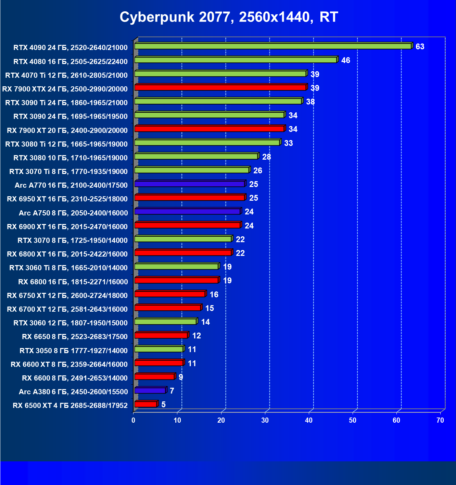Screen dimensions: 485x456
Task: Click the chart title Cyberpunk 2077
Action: tap(229, 17)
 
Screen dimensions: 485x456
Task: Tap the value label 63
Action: tap(420, 47)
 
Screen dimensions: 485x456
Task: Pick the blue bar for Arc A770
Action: tap(189, 184)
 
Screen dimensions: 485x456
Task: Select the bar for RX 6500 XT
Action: tap(145, 404)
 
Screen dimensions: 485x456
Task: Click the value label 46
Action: tap(346, 60)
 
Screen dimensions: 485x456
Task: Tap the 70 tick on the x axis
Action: tap(440, 420)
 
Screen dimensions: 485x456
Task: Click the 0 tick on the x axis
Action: tap(134, 420)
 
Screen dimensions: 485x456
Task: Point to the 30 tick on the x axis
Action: tap(265, 420)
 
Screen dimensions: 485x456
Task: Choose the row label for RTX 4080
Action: tap(70, 62)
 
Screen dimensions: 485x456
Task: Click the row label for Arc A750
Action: tap(73, 213)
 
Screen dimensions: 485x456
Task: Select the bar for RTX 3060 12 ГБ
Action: tap(165, 322)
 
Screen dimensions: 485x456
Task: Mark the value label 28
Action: tap(267, 157)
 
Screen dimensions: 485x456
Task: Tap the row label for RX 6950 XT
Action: tap(67, 199)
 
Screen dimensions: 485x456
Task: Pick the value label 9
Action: tap(181, 377)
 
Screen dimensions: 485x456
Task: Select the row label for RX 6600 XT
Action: tap(69, 364)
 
